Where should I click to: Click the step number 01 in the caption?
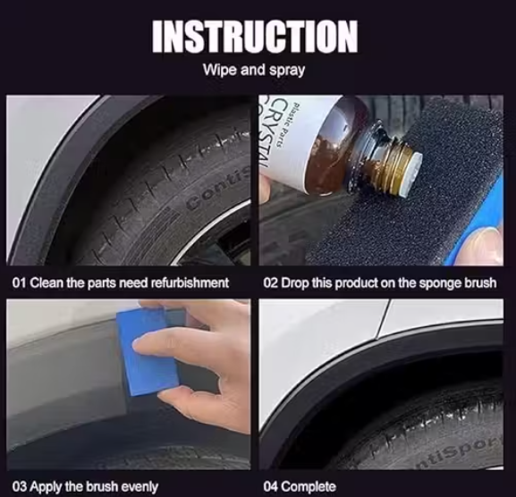18,283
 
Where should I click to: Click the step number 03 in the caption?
18,487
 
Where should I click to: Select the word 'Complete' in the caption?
309,487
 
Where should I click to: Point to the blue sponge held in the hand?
147,353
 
